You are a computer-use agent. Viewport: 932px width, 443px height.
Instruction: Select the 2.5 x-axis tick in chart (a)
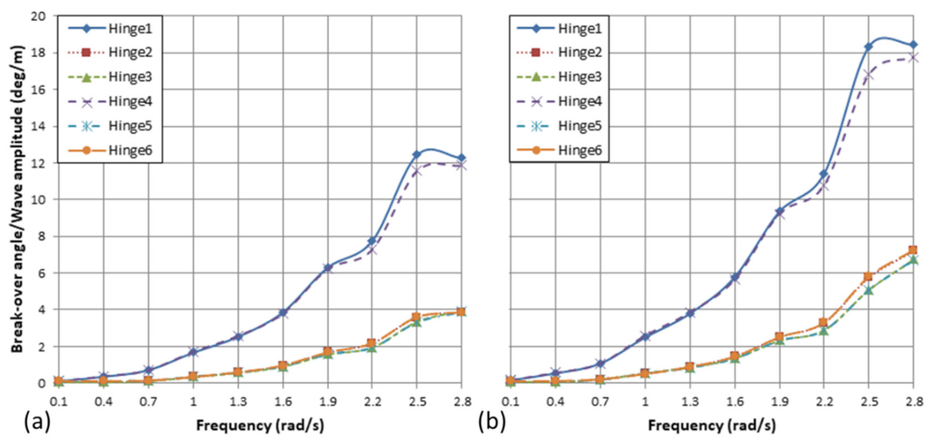point(417,401)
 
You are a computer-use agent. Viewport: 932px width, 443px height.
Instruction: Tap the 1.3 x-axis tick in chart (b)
point(690,401)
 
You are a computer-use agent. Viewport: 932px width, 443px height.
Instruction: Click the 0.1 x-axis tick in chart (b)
point(511,401)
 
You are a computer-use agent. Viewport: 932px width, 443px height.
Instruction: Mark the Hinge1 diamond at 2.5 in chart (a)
point(417,154)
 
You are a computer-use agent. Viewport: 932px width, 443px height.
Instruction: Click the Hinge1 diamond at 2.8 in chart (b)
point(913,45)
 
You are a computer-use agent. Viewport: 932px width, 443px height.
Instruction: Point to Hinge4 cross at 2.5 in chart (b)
point(868,75)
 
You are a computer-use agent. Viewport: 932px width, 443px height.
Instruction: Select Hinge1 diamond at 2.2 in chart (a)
point(371,241)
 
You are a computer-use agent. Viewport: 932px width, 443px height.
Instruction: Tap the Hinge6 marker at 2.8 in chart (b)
point(913,250)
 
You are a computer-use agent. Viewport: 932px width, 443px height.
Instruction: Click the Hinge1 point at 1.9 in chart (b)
point(779,211)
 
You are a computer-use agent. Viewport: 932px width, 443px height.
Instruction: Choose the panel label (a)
point(37,422)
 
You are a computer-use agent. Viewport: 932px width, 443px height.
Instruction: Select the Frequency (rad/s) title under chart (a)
point(260,425)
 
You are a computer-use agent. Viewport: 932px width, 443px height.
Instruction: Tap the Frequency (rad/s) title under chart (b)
point(712,425)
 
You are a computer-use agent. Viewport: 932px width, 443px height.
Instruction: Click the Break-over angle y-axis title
point(17,199)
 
